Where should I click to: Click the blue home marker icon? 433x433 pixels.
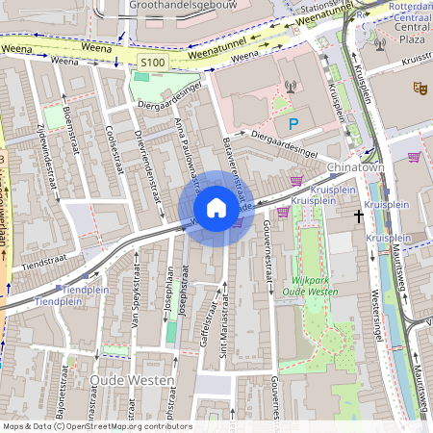coord(216,208)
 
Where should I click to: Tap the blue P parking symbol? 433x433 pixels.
coord(294,123)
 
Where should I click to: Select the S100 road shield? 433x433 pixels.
coord(152,63)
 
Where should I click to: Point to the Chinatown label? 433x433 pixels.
coord(356,167)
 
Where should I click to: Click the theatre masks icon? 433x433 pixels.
coord(419,88)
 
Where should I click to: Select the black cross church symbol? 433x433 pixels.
coord(358,216)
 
